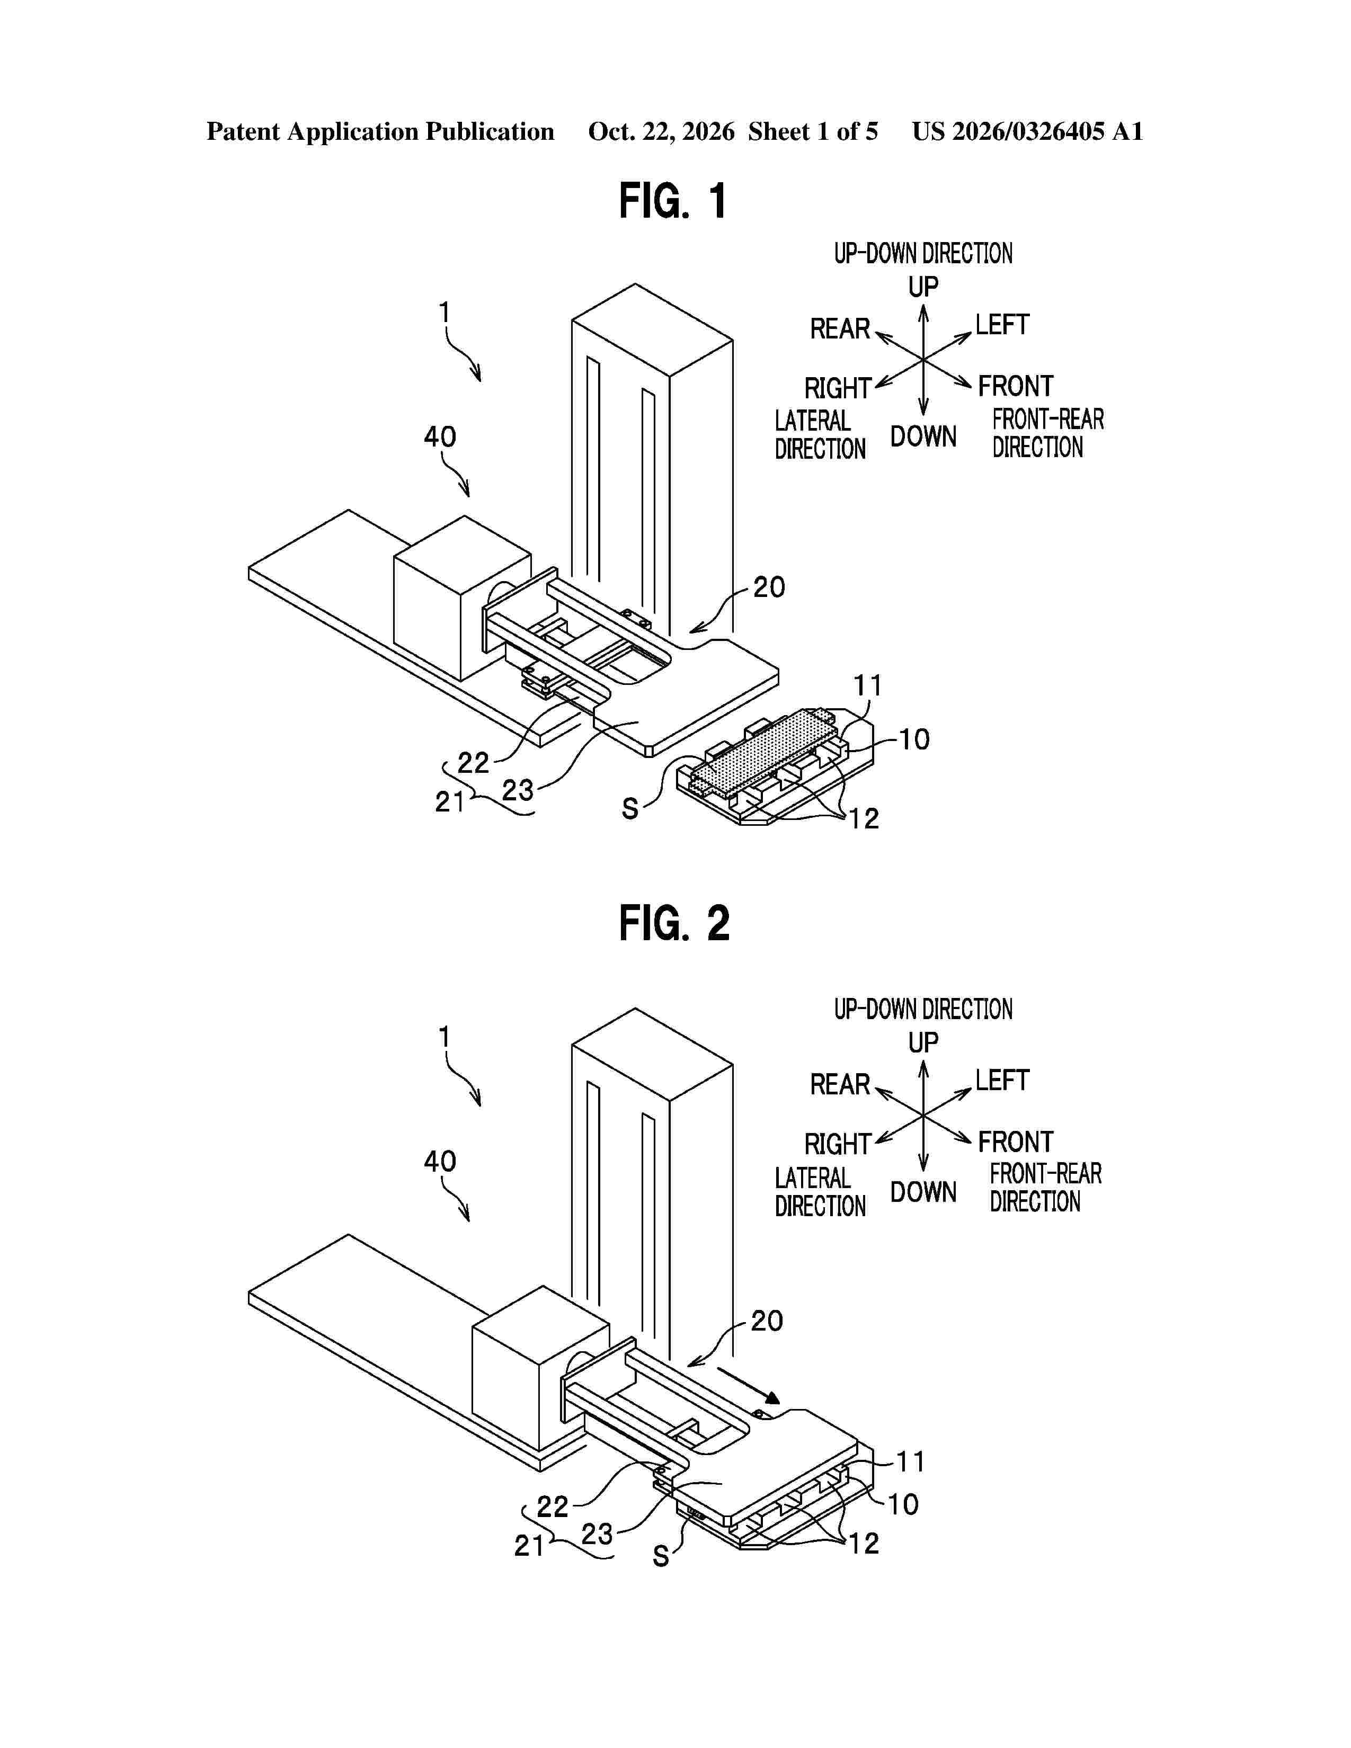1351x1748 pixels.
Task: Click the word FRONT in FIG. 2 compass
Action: pos(1016,1142)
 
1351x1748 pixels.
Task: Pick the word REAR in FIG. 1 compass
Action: pos(840,329)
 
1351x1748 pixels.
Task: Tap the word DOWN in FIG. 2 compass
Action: pos(923,1192)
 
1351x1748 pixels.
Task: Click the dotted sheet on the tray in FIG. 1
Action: pos(765,751)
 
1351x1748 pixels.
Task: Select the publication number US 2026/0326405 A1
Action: pos(1028,131)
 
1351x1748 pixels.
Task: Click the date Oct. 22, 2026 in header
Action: pos(661,131)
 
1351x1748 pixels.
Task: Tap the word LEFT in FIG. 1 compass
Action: pos(1001,325)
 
